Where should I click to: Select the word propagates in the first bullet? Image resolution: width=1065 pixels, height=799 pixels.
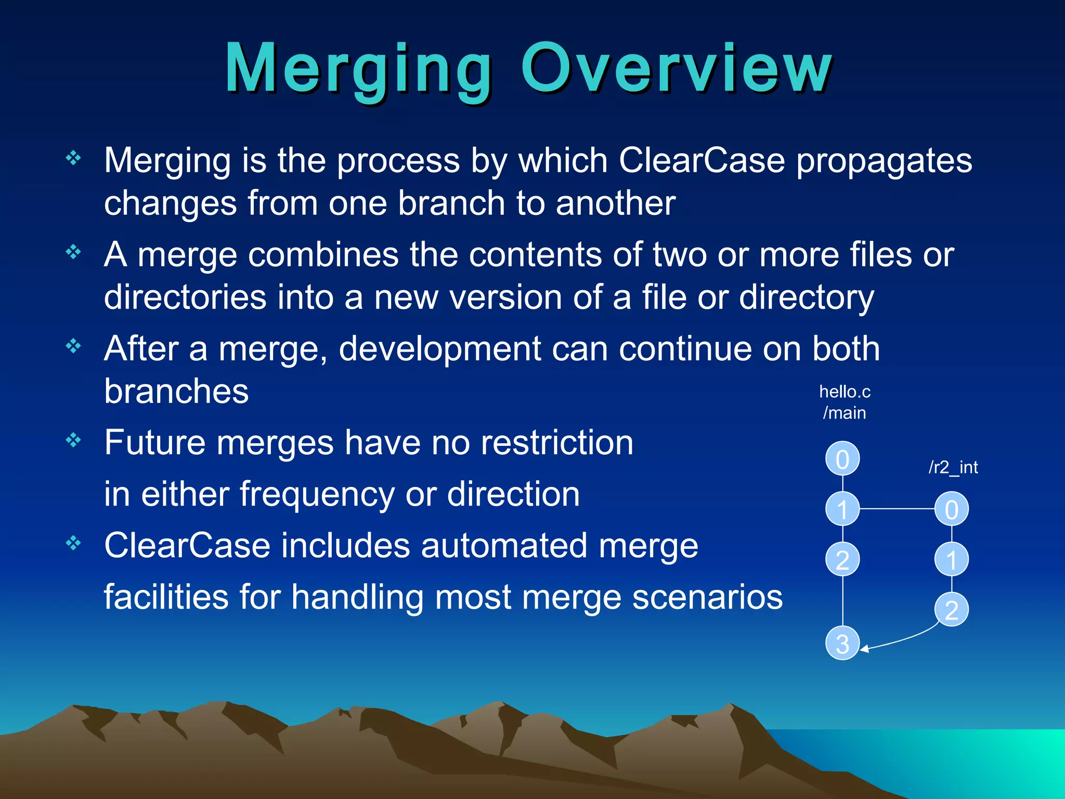tap(884, 161)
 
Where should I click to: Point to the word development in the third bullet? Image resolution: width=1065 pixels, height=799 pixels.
tap(440, 349)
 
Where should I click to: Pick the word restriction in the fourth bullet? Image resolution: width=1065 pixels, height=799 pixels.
tap(557, 443)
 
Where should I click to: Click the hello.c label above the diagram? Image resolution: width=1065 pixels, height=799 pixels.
tap(845, 392)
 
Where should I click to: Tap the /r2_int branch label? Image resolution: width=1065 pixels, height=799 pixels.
tap(953, 467)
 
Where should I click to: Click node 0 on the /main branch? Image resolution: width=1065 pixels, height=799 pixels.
tap(842, 459)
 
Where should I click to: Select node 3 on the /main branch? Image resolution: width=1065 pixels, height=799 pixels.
tap(842, 643)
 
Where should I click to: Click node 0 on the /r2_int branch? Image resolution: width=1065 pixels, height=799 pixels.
tap(951, 509)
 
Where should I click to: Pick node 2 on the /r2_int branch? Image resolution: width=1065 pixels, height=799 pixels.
tap(951, 610)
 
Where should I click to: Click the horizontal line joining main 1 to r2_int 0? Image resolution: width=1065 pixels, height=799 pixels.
tap(897, 509)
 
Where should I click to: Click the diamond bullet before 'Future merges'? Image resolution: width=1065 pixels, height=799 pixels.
tap(73, 441)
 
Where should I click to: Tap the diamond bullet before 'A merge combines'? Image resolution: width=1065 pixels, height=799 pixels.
tap(73, 252)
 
